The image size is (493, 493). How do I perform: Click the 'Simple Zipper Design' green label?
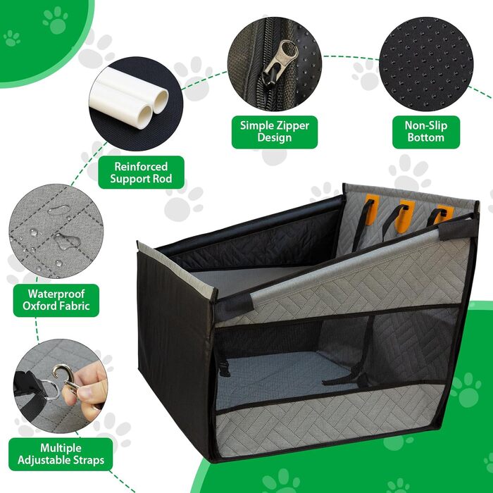click(275, 132)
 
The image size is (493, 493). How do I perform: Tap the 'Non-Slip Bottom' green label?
click(426, 132)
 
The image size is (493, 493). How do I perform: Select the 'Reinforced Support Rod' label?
click(141, 173)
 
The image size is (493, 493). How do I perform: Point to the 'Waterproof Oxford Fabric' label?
click(56, 300)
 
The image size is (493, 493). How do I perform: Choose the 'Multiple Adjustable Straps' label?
click(61, 454)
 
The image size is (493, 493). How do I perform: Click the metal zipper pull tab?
click(280, 61)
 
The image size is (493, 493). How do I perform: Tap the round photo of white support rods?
click(136, 104)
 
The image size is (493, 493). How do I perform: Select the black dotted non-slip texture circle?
click(426, 64)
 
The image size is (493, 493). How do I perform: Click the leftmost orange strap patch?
click(372, 209)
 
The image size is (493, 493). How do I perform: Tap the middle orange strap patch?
click(405, 216)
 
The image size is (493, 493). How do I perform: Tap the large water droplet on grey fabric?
click(67, 241)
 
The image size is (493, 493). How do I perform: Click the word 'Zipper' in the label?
click(294, 126)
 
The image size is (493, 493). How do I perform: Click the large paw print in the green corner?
click(56, 20)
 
